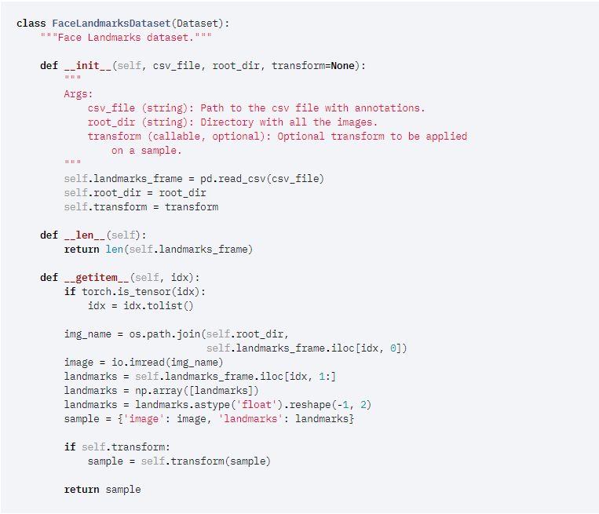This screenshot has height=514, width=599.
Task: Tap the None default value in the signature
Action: [342, 65]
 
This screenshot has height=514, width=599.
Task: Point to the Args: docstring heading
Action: [79, 93]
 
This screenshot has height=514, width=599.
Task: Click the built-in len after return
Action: [114, 249]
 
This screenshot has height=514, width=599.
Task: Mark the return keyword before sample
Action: [82, 489]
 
